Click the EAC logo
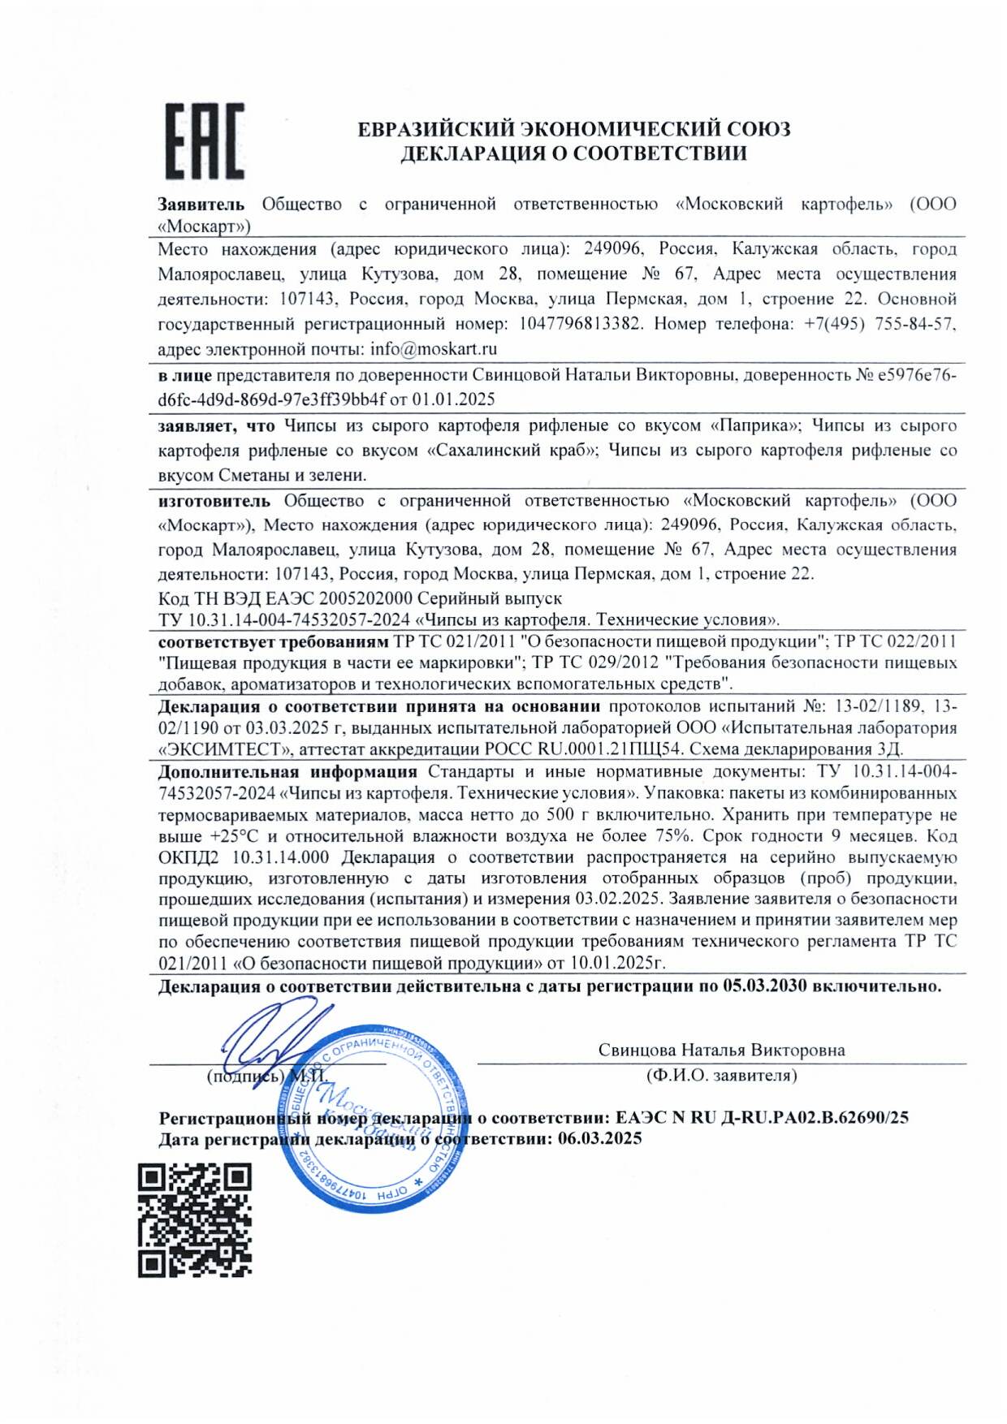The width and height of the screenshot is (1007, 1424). coord(205,141)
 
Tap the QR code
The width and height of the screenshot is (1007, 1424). coord(195,1219)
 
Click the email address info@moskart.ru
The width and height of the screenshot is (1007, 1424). coord(434,349)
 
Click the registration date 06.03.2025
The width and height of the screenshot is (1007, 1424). coord(599,1138)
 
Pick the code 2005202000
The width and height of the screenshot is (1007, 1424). coord(365,598)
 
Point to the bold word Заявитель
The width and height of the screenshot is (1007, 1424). coord(201,205)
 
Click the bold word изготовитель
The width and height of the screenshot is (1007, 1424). coord(214,501)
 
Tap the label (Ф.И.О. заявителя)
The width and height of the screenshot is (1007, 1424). coord(721,1076)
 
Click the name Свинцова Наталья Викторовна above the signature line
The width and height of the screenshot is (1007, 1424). coord(721,1050)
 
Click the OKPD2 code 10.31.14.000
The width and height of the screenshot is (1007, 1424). coord(281,857)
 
